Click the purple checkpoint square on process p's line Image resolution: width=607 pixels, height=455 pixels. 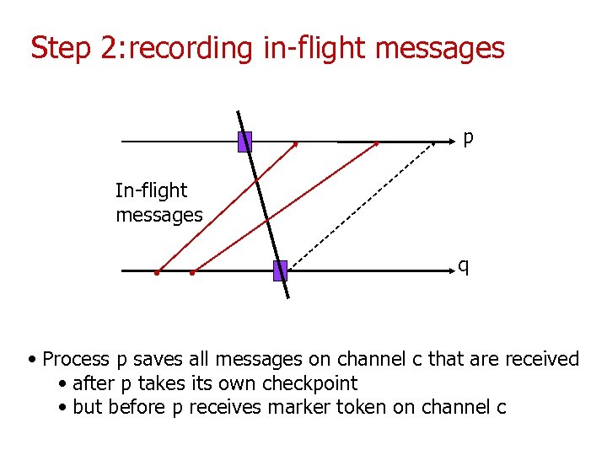(x=244, y=142)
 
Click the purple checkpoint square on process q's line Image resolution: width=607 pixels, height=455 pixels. (x=281, y=270)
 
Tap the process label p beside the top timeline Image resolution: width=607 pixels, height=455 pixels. (x=468, y=137)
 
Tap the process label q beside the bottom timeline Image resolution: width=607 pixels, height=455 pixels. (x=464, y=266)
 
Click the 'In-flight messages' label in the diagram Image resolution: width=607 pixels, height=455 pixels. (x=158, y=203)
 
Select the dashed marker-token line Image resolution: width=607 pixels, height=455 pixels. (x=363, y=206)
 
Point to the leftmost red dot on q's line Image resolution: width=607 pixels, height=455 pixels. (x=157, y=273)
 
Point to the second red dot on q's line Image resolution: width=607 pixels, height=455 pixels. (x=192, y=273)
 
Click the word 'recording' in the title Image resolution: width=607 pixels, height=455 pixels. (x=191, y=48)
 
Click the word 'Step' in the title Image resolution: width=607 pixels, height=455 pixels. (x=61, y=48)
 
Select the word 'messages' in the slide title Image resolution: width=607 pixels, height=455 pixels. (x=439, y=48)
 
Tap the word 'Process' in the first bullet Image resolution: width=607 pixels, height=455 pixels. (x=76, y=360)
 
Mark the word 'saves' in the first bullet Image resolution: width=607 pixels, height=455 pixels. (x=155, y=360)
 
